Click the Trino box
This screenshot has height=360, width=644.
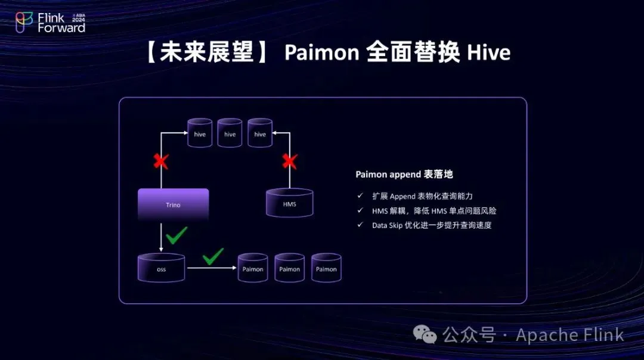tap(173, 204)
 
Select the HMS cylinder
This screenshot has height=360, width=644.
tap(289, 203)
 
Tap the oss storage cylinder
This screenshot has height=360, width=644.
tap(161, 268)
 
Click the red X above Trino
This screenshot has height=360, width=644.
tap(160, 161)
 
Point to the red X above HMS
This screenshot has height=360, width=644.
tap(290, 161)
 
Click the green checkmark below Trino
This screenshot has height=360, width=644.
tap(177, 235)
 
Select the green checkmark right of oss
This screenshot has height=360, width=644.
tap(213, 257)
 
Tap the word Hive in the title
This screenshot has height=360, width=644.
tap(488, 53)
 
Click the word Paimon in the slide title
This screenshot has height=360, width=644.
tap(321, 53)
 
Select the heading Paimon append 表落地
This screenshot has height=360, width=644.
tap(404, 175)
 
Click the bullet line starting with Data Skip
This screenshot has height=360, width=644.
tap(432, 225)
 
